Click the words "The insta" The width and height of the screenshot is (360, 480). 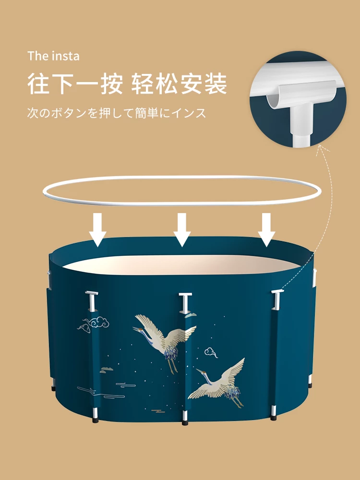(x=53, y=56)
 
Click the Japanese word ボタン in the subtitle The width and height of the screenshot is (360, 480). (x=72, y=113)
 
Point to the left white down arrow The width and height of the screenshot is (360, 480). (x=98, y=230)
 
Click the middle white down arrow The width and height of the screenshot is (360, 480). (x=182, y=230)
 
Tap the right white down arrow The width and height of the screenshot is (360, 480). (x=266, y=230)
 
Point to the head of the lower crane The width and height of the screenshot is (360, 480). (x=198, y=371)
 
